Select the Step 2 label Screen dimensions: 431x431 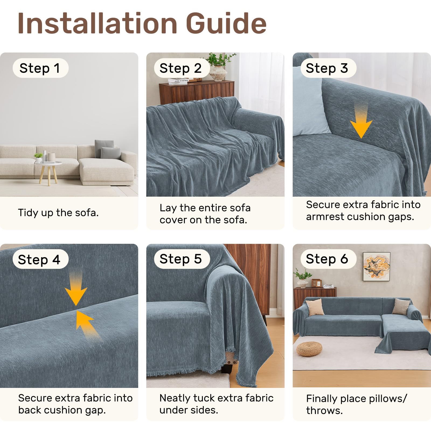point(181,68)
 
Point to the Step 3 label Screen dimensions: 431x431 point(328,68)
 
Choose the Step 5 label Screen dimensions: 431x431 point(181,259)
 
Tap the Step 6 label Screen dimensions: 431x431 point(328,259)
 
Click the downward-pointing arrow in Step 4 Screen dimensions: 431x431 point(76,290)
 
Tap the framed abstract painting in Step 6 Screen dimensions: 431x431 point(377,267)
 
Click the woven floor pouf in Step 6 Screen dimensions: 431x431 point(309,349)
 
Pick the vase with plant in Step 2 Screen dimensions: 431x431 point(219,67)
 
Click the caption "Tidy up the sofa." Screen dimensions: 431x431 point(58,213)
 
